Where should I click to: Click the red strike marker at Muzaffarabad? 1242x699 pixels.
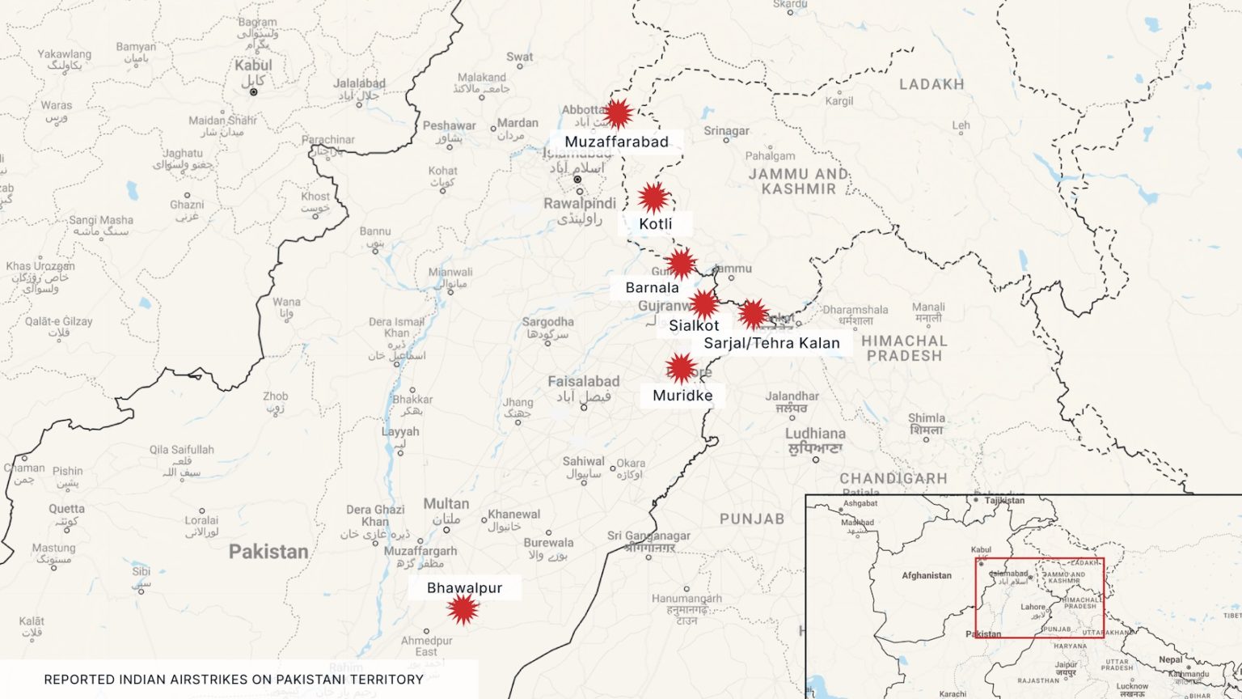coord(619,114)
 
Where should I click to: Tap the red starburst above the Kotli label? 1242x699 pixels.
coord(653,197)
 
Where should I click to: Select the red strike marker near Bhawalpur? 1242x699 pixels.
coord(463,609)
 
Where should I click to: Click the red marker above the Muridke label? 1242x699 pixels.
coord(681,368)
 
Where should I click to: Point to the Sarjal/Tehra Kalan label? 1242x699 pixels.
coord(771,343)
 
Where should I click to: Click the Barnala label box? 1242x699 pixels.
coord(652,288)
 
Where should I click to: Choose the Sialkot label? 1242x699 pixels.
coord(694,325)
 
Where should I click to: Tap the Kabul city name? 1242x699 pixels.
coord(253,66)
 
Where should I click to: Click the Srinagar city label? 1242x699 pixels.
coord(726,131)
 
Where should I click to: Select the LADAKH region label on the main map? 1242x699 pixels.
coord(931,84)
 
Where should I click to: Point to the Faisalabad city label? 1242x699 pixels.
coord(583,381)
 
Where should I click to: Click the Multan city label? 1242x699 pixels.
coord(446,504)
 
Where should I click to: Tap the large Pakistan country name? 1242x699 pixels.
coord(268,552)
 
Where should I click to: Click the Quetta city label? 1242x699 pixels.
coord(66,509)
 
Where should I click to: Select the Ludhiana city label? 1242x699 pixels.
coord(815,434)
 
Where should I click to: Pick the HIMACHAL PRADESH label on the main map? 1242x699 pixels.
coord(903,348)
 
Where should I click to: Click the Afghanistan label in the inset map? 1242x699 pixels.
coord(927,575)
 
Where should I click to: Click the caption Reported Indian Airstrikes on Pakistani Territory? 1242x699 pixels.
coord(234,680)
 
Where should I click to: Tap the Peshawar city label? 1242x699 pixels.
coord(449,125)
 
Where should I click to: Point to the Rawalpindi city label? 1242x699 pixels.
coord(579,203)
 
